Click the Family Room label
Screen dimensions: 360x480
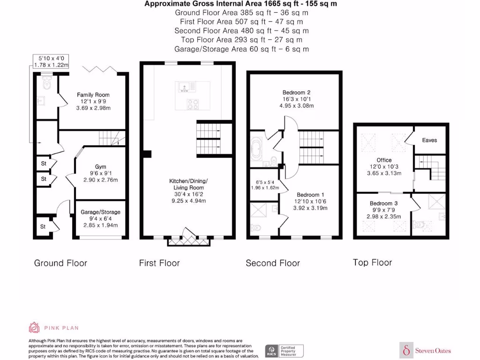tap(93, 95)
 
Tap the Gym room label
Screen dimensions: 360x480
tap(100, 167)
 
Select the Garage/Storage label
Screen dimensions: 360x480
tap(100, 212)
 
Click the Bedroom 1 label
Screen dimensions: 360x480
tap(310, 195)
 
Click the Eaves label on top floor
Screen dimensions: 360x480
tap(429, 140)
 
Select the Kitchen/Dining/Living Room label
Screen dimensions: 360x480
tap(188, 184)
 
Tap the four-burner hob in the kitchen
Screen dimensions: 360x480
tap(193, 104)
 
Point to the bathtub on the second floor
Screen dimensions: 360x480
tap(258, 150)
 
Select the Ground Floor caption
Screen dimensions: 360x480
tap(60, 263)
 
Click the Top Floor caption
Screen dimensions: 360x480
tap(372, 262)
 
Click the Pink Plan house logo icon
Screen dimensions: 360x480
tap(34, 327)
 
